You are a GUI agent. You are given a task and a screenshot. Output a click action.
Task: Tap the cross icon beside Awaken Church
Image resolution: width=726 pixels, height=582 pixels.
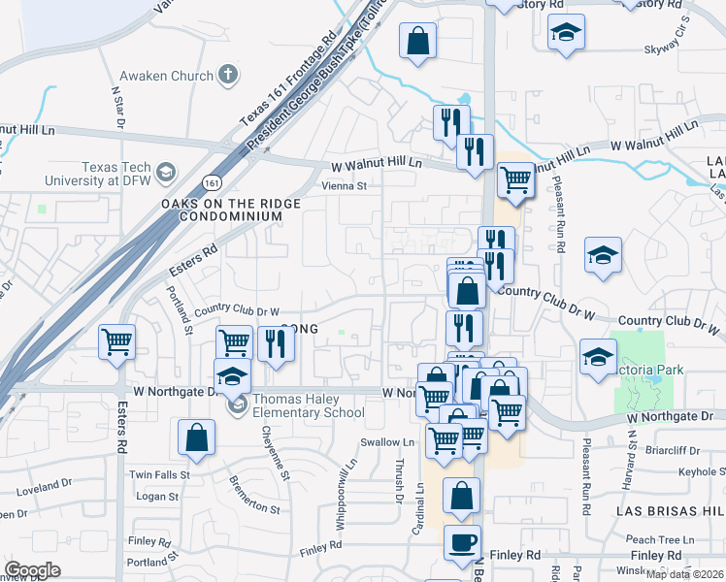pos(227,74)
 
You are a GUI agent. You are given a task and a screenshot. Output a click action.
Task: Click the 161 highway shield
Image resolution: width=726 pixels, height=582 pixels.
pos(213,182)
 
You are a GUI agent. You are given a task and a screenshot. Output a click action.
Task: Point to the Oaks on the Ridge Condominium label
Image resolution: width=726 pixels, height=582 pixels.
pos(231,210)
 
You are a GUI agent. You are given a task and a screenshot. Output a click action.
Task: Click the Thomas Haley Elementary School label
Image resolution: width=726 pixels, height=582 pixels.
pos(308,406)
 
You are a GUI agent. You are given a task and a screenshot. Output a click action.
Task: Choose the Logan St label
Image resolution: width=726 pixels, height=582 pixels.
pos(157,497)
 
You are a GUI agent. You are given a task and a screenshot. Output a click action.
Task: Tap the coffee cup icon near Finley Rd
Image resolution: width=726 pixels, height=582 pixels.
pos(462,541)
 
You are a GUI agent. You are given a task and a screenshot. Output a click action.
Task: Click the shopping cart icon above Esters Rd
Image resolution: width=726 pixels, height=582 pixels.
pos(116,339)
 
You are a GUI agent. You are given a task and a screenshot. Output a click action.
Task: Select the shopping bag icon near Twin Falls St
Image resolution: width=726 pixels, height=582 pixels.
pos(196,436)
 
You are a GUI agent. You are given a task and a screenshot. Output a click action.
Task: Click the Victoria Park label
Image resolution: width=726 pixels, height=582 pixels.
pos(646,370)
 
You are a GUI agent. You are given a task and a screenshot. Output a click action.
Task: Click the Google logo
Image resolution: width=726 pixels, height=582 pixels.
pos(32,570)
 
